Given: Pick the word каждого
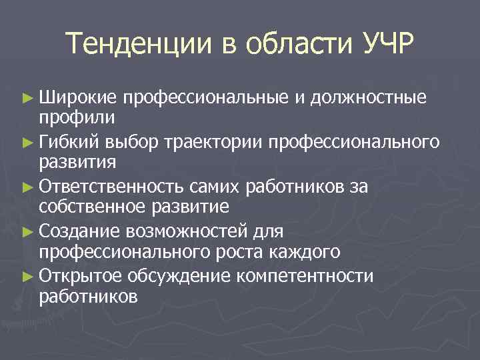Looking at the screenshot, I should (305, 251).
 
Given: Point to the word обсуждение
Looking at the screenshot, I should (171, 277).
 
